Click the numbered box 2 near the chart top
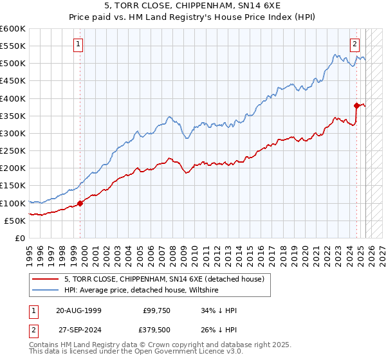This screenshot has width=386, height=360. tap(354, 44)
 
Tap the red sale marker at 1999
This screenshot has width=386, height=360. tap(80, 203)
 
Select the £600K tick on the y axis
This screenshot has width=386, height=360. tap(13, 29)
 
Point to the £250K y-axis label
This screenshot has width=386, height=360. tap(13, 150)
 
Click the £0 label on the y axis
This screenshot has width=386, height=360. tap(21, 238)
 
